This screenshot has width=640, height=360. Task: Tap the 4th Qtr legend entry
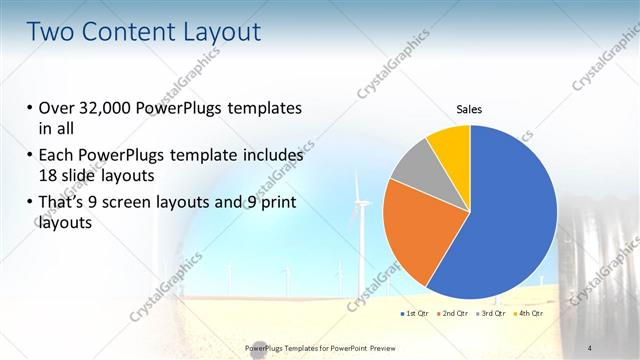tap(529, 314)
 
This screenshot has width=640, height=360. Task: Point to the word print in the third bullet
tap(275, 204)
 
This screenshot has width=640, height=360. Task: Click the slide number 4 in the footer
tap(589, 347)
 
